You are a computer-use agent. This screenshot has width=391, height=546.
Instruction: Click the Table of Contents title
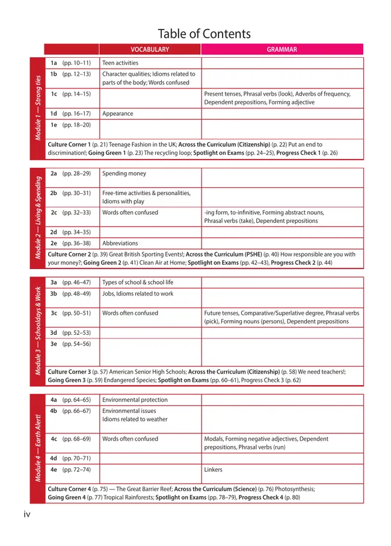point(204,34)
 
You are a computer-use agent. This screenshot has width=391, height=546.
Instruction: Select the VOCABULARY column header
point(150,50)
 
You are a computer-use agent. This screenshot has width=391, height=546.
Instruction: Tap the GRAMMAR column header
point(282,50)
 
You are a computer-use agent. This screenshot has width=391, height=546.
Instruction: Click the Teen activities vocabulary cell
point(120,63)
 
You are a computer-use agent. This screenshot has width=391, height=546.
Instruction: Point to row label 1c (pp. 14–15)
point(70,94)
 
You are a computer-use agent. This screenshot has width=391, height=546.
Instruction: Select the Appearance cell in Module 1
point(118,113)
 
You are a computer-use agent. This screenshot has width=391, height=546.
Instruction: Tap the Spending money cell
point(124,173)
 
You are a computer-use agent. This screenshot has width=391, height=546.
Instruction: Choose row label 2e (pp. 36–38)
point(70,243)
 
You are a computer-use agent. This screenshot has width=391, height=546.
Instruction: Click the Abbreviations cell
point(120,243)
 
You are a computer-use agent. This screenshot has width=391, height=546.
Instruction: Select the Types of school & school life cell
point(138,282)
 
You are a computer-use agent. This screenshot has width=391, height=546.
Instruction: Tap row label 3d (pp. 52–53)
point(70,332)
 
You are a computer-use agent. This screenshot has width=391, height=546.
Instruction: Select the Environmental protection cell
point(135,400)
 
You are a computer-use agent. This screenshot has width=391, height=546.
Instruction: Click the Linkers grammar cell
point(213,470)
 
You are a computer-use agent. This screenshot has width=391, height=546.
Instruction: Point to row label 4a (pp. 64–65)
point(70,400)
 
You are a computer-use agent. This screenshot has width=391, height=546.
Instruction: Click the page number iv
point(27,514)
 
